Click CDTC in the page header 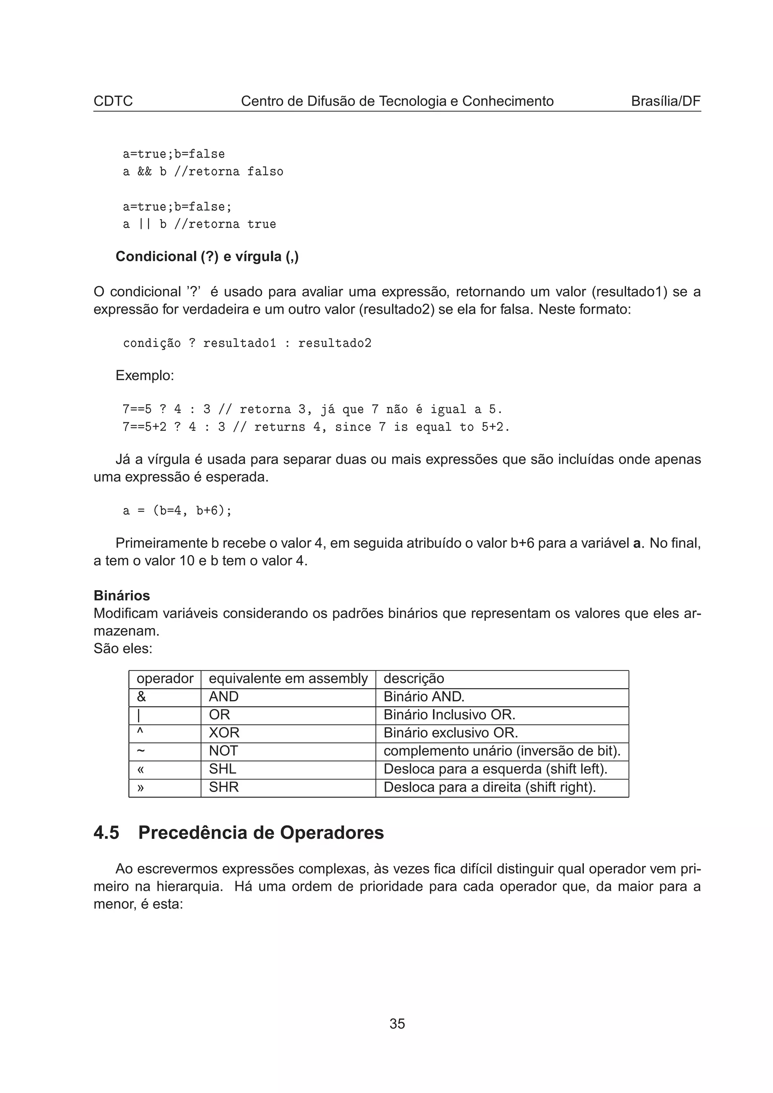point(113,101)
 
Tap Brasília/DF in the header point(665,101)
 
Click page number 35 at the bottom point(397,1024)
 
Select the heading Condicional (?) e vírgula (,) point(207,256)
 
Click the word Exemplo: point(145,376)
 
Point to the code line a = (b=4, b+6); point(177,511)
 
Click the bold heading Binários point(122,596)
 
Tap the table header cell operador point(165,679)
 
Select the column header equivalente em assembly point(288,679)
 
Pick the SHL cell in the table point(222,769)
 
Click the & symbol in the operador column point(142,697)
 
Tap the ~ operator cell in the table point(141,751)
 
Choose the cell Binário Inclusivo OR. point(449,715)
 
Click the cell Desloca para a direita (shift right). point(490,787)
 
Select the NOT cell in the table point(223,751)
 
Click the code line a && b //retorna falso point(203,171)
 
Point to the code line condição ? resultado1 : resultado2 point(247,343)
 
